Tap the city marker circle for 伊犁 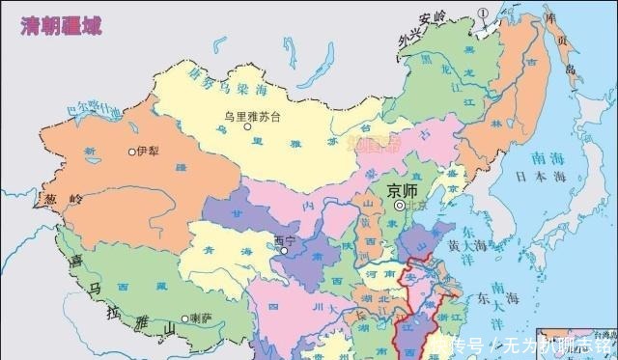[131, 152]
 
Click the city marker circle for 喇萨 [184, 318]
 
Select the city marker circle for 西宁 [284, 251]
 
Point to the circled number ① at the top [482, 12]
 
